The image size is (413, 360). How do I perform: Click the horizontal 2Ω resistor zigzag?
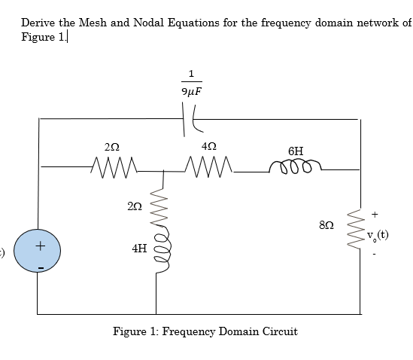tap(113, 163)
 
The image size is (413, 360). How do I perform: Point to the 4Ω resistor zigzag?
tap(208, 163)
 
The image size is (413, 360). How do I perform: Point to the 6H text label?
tap(296, 151)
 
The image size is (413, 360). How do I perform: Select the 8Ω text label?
tap(326, 224)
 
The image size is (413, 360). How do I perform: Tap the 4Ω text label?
tap(210, 145)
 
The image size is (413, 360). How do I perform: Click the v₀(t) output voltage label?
tap(378, 234)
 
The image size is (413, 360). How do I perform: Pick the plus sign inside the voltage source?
tap(41, 245)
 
